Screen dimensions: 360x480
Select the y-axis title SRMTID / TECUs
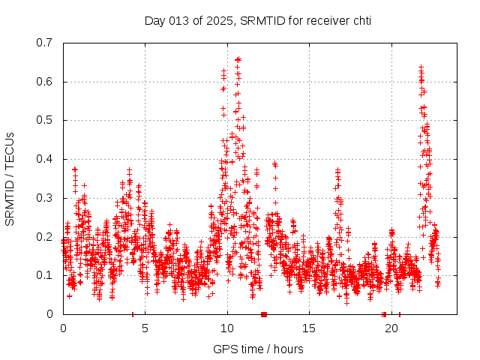pos(10,178)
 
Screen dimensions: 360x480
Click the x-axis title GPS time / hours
pos(258,349)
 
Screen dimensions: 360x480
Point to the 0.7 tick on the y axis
pos(46,43)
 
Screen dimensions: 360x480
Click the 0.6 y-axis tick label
pos(46,82)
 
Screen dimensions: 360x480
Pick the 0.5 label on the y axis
pos(46,120)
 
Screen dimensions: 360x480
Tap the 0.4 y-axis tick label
pos(46,159)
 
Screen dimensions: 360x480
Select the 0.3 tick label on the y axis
pos(46,198)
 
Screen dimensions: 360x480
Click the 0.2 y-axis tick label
pos(46,236)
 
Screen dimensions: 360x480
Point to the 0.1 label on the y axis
pos(46,275)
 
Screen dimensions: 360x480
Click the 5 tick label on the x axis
pos(145,328)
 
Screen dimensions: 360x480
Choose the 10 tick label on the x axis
pos(227,328)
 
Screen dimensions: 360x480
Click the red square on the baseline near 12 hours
pos(263,313)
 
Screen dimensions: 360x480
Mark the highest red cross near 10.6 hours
pos(238,58)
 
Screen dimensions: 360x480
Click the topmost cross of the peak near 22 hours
pos(421,67)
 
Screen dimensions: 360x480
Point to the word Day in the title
pos(154,21)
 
